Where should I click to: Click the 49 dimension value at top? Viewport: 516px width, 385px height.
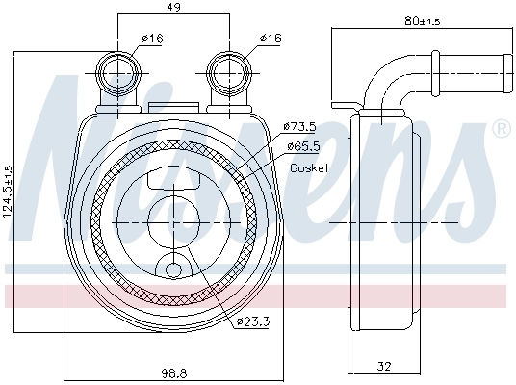click(x=173, y=7)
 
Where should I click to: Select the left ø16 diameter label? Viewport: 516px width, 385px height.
click(x=151, y=38)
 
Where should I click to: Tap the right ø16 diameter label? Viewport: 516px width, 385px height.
click(x=270, y=38)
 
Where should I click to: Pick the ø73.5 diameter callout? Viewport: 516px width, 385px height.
click(x=300, y=126)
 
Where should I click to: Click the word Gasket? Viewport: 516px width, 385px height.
click(x=309, y=167)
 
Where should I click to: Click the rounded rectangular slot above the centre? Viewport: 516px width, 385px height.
click(x=173, y=179)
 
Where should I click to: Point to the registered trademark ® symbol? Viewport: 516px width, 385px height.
click(x=501, y=129)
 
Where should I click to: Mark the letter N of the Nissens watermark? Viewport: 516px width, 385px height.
click(x=72, y=164)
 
